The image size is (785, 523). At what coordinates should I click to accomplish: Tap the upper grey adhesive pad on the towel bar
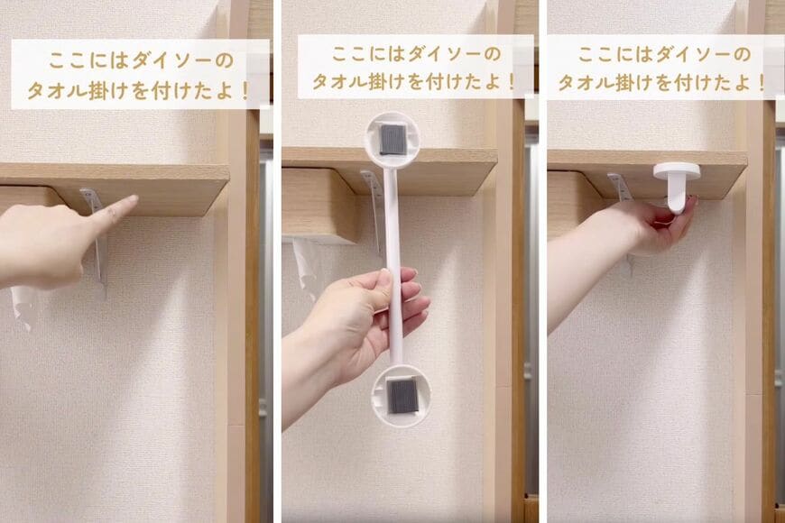pos(392,139)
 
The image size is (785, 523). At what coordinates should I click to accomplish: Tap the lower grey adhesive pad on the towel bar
pos(400,394)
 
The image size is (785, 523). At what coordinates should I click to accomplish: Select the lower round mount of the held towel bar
pos(400,395)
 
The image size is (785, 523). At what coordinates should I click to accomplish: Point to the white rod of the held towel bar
pos(393,234)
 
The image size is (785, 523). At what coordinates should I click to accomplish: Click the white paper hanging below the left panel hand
pos(23,307)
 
